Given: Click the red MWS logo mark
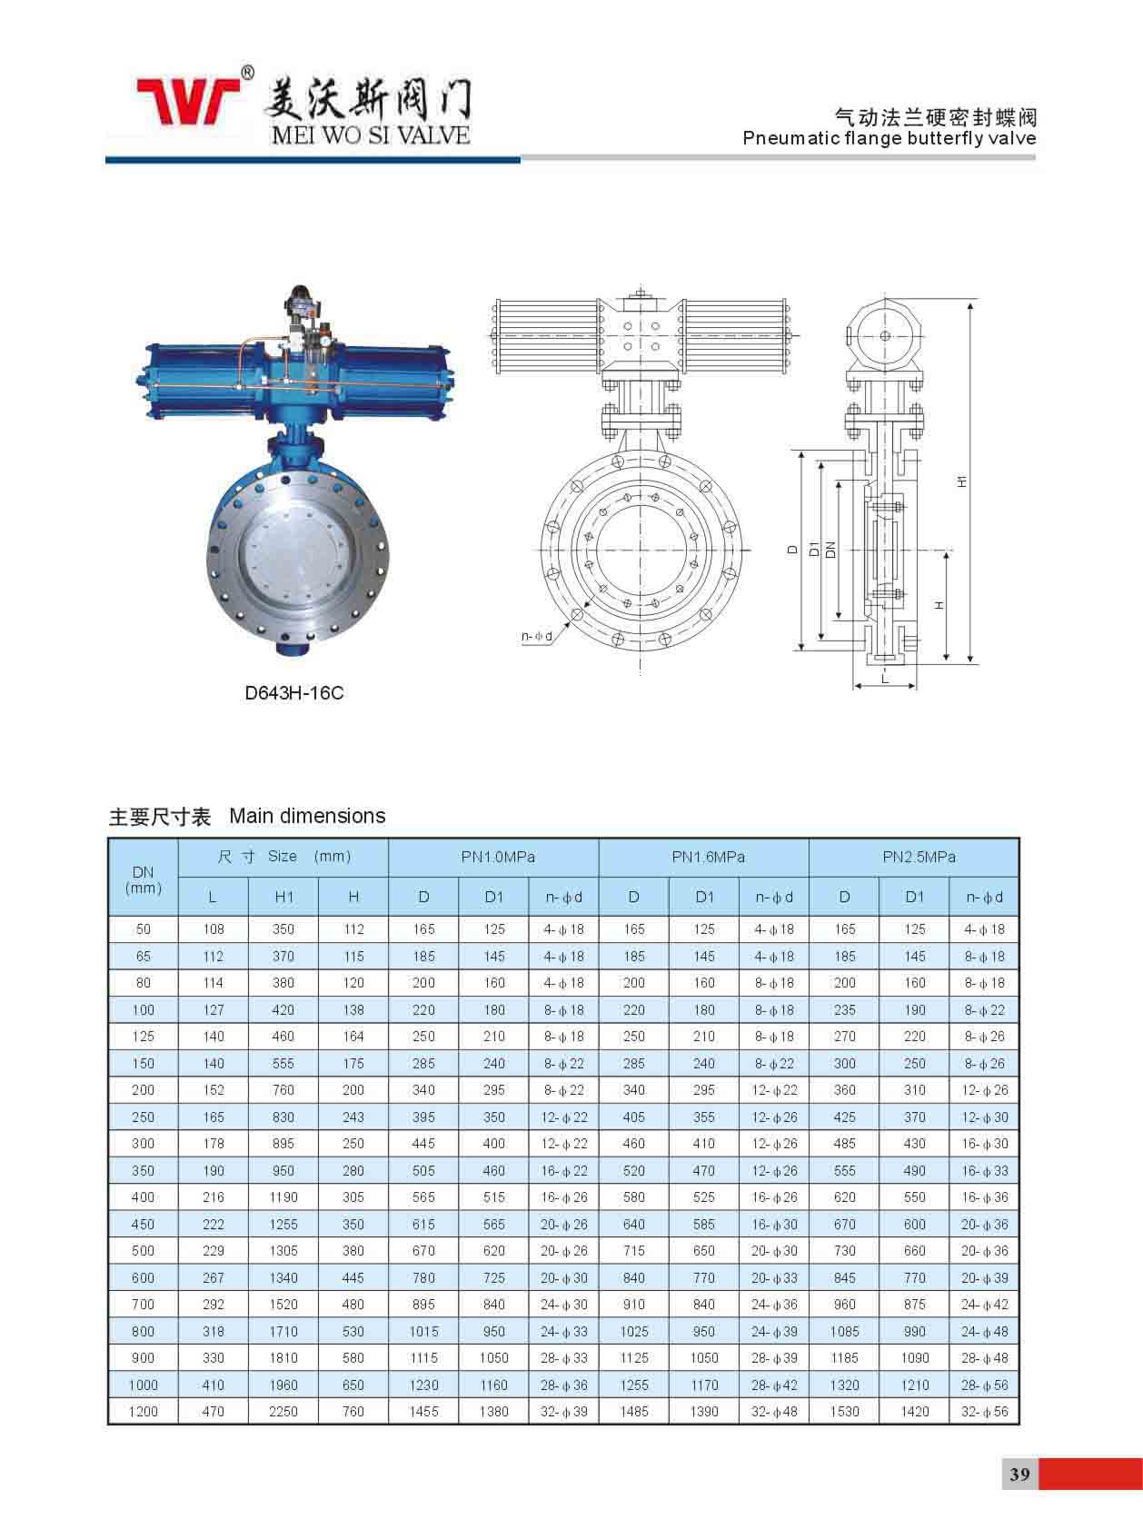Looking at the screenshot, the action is [x=189, y=100].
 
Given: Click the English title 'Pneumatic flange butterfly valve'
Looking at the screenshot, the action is [x=890, y=138].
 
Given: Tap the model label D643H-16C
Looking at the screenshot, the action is [x=294, y=693].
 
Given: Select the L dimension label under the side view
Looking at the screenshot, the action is [x=884, y=678].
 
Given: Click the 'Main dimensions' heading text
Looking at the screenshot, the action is [x=307, y=816].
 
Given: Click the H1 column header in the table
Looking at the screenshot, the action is [x=284, y=897].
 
